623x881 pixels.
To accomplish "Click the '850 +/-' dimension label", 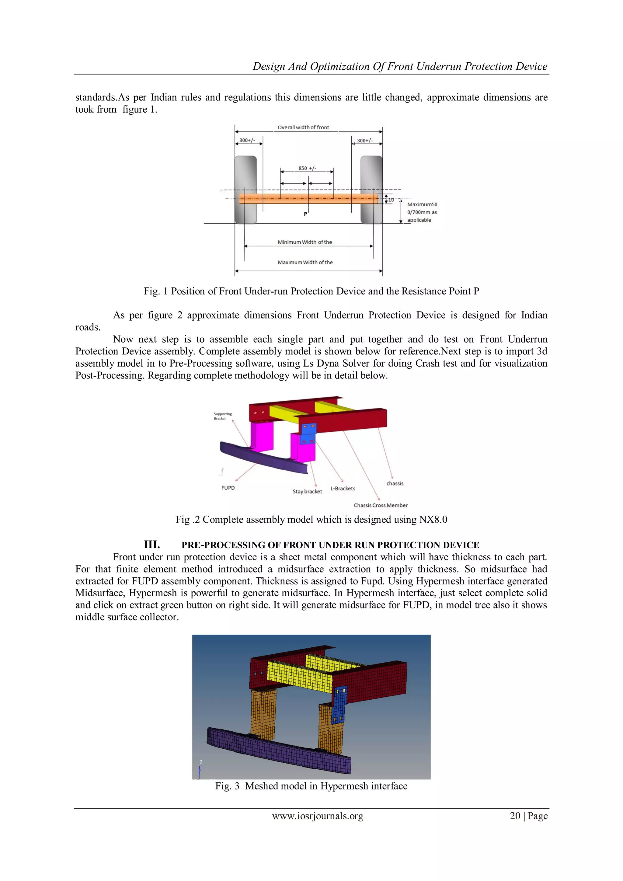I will (x=307, y=168).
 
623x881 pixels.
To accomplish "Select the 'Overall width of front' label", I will (x=303, y=127).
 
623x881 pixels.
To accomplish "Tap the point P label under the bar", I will (x=305, y=214).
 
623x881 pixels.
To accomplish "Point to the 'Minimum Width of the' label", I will (x=305, y=242).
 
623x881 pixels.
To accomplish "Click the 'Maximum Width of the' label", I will (x=305, y=263).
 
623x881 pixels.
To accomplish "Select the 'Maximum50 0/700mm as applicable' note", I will (x=422, y=212).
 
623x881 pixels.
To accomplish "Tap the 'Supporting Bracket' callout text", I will (x=222, y=416).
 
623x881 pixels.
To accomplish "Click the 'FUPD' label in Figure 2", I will (x=228, y=488).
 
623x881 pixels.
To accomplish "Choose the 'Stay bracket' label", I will (x=307, y=492).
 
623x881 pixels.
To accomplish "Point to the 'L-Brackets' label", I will (x=343, y=489).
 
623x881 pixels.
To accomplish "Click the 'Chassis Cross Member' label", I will (x=381, y=505).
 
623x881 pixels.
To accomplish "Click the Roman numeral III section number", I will (x=152, y=545).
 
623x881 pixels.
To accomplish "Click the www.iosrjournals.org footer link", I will (x=318, y=816).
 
